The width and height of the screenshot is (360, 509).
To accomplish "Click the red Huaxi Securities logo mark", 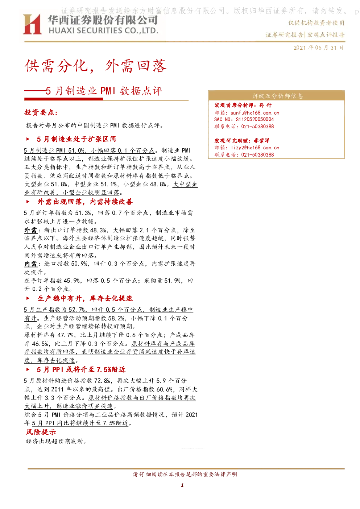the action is click(32, 24).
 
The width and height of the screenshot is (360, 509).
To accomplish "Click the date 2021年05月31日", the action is click(318, 48).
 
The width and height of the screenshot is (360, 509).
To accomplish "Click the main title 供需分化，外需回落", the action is click(96, 66).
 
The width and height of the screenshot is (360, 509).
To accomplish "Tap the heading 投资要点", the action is click(41, 112).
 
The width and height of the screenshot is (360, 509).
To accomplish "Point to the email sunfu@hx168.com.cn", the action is click(255, 113).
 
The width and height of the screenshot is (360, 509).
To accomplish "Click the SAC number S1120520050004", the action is click(255, 119).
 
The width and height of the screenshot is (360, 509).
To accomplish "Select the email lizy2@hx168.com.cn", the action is click(255, 148).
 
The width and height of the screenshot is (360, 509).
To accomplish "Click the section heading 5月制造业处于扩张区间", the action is click(76, 139).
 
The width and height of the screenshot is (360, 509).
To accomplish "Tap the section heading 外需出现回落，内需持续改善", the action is click(85, 202).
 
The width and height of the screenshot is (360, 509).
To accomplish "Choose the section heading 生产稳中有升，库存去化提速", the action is click(85, 298).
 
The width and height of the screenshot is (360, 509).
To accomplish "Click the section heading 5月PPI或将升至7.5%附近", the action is click(81, 369).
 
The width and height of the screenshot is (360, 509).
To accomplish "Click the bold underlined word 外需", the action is click(31, 230).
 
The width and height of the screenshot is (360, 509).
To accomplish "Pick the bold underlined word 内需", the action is click(31, 264).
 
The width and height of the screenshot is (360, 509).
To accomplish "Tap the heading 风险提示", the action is click(41, 432).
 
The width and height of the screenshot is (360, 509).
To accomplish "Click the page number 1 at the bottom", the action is click(182, 485).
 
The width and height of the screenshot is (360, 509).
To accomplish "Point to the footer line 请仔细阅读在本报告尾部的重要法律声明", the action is click(185, 474).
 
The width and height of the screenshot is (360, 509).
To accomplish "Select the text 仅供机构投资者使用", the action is click(316, 23).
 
